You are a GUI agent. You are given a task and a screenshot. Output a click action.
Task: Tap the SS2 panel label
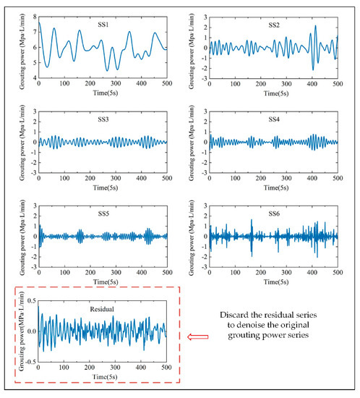point(273,25)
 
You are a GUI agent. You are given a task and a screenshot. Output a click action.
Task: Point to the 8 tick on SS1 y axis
point(33,11)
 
